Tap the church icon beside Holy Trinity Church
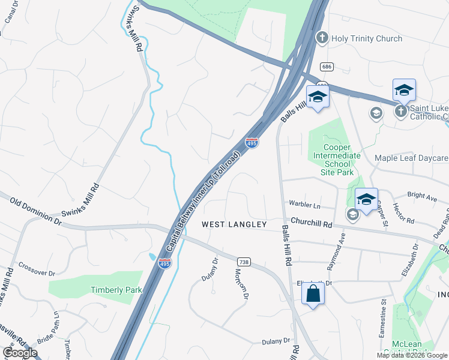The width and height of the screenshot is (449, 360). click(x=322, y=38)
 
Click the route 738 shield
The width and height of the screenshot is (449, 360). click(x=244, y=263)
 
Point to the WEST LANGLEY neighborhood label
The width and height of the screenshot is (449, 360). click(x=234, y=224)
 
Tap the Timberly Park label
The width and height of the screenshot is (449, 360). click(x=116, y=290)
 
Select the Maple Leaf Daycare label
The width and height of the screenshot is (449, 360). click(x=411, y=158)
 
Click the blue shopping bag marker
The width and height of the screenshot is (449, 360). click(x=313, y=294)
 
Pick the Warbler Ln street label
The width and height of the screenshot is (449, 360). click(x=305, y=205)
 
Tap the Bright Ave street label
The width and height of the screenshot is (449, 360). click(x=422, y=196)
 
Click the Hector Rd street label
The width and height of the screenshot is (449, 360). click(x=403, y=213)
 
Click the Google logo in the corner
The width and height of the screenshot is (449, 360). click(x=20, y=353)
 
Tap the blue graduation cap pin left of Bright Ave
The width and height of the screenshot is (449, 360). click(x=366, y=200)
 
